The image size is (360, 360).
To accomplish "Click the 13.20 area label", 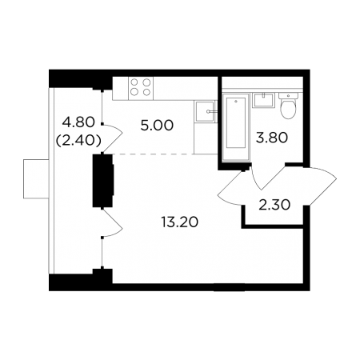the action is pos(180,222).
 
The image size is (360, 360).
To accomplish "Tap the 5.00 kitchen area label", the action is pos(157,126).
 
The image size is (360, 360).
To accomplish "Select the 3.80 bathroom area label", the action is pos(272,138).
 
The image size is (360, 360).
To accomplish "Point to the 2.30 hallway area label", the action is pos(274,205).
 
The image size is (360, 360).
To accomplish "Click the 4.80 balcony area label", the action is pos(78,122).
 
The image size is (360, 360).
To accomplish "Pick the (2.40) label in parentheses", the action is pos(78,140).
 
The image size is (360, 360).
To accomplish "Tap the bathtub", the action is pos(236,127).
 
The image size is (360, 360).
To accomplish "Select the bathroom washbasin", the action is pos(263,100).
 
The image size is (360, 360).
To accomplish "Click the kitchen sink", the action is pos(205,111).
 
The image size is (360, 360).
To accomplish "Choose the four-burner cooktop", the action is pos(141,87).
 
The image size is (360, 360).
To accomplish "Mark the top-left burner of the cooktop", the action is pos(134,82).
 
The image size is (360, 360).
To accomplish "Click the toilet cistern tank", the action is pos(288,95).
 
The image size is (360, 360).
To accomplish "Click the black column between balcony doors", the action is pos(103,181).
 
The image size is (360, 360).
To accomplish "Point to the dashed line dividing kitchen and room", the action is pos(154,154).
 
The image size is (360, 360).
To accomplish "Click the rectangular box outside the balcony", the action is pos(36,179).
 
